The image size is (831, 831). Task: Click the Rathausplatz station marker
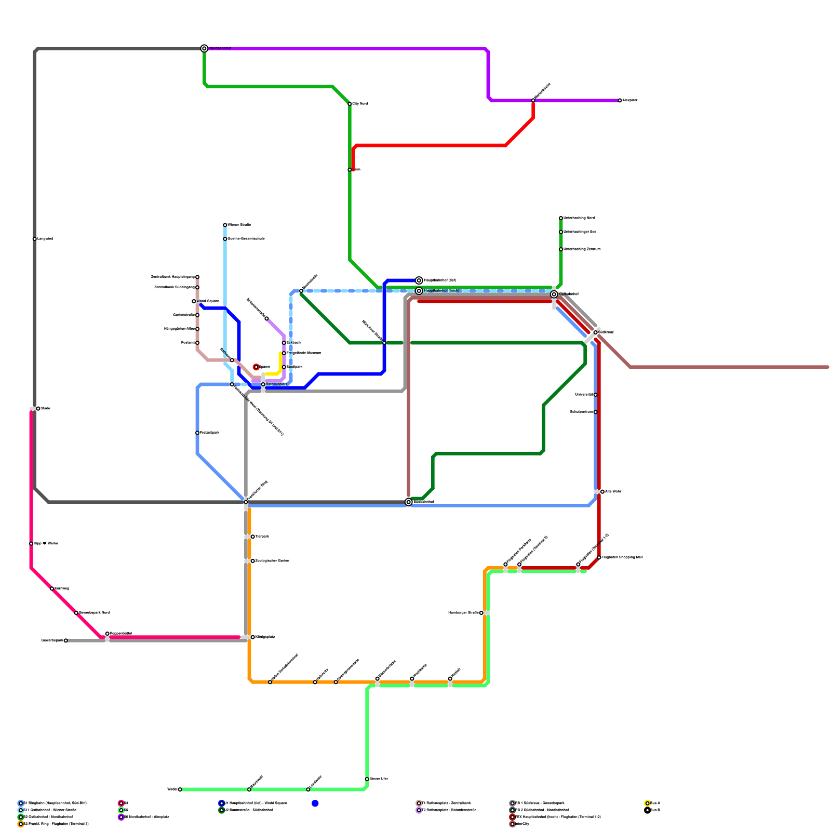263,384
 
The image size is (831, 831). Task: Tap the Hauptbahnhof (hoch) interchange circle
419,291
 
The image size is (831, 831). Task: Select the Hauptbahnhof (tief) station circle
419,280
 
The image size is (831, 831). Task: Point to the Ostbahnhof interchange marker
554,294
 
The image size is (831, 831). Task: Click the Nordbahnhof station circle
205,48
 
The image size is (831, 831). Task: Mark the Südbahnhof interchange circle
409,502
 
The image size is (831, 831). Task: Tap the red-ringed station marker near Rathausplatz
256,367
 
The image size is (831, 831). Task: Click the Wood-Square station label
208,301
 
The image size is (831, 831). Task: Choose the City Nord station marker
350,104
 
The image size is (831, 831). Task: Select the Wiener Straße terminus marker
225,225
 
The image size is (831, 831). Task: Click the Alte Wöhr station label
613,492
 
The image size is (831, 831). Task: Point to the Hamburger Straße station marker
481,613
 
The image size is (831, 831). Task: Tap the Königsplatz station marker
253,637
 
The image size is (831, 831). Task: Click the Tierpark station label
262,537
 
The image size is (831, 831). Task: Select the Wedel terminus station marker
180,789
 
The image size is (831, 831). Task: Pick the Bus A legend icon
647,803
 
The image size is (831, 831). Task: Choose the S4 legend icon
121,803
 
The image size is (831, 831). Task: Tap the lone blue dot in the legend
315,803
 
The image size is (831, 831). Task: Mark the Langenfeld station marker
35,239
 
